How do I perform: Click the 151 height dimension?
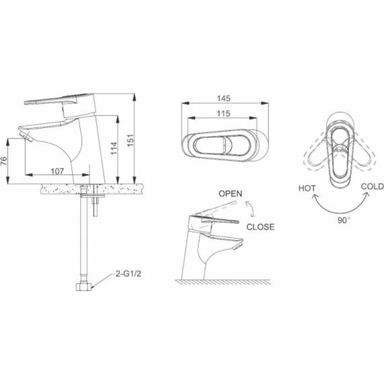pos(131,140)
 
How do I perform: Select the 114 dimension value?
pos(114,148)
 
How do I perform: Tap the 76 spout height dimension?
pos(3,161)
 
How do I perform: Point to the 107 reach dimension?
pos(57,171)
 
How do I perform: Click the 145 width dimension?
pos(224,98)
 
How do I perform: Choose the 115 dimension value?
pos(224,114)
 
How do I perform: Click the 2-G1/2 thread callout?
pos(129,274)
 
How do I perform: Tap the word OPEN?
pos(230,194)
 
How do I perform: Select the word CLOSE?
pos(261,227)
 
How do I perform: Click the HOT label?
pos(307,189)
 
